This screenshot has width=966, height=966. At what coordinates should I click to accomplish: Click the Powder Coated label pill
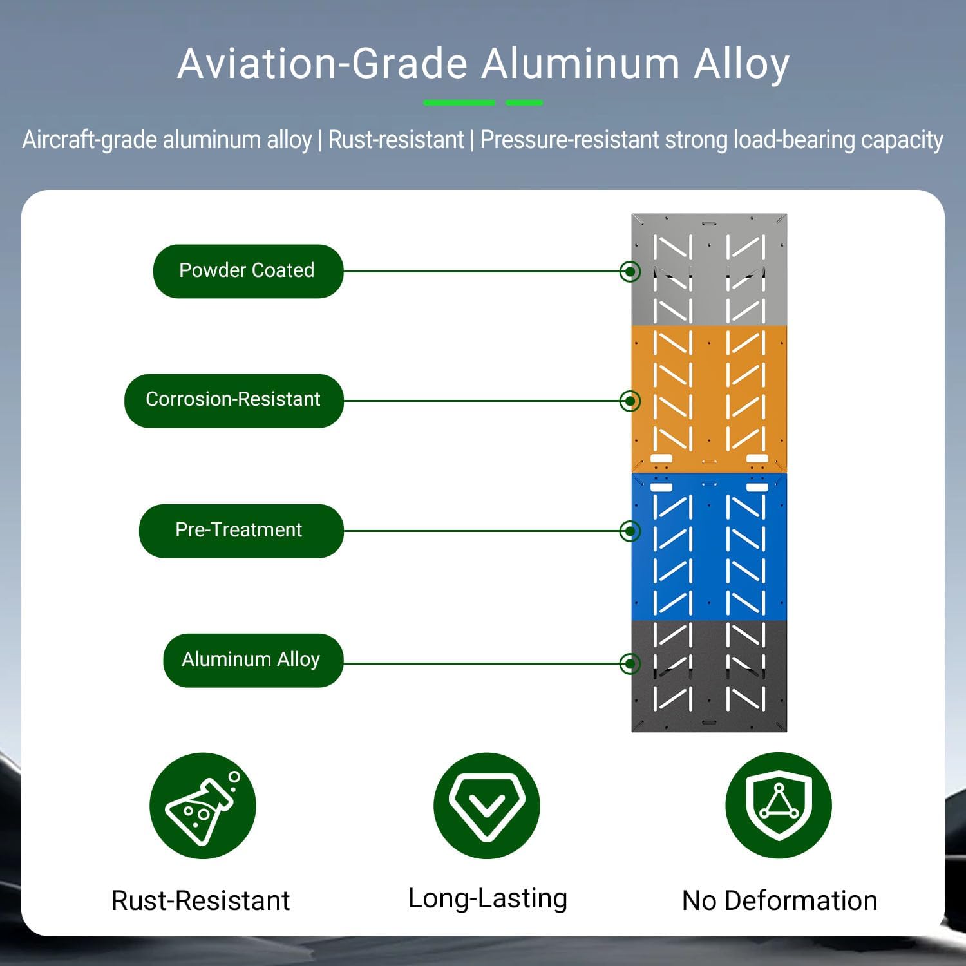[248, 271]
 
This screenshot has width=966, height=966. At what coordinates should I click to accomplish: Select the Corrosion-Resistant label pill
[233, 401]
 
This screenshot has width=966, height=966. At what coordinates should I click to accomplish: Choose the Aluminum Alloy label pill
[252, 660]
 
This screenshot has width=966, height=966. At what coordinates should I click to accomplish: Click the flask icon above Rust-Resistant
[202, 806]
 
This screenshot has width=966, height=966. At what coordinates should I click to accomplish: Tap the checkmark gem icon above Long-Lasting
[486, 806]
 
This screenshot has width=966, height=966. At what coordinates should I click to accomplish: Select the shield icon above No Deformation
[779, 805]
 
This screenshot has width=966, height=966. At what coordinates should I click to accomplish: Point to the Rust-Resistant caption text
[200, 900]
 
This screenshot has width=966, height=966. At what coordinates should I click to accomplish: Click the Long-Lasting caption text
[488, 898]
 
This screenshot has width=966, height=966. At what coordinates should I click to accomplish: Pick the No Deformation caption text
[779, 900]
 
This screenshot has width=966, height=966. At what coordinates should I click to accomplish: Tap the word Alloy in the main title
[741, 64]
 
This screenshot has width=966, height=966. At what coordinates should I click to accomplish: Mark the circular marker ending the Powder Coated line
[630, 271]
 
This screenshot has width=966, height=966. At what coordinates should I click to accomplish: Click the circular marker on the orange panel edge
[630, 401]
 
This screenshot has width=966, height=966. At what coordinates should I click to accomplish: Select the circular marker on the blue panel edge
[630, 531]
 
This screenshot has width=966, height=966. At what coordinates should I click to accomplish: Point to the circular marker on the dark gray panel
[630, 663]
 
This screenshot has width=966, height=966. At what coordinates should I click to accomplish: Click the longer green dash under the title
[459, 102]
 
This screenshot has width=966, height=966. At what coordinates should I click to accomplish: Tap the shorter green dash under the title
[524, 102]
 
